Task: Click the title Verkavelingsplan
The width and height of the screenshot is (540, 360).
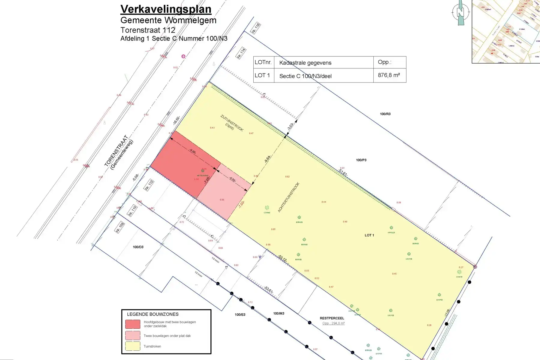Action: [166, 9]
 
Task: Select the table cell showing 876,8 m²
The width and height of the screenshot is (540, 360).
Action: [389, 75]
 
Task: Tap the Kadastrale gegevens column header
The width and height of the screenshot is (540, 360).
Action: [305, 63]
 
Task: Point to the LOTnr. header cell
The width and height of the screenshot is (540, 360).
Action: [263, 62]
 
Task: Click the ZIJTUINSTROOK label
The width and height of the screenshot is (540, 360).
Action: [232, 123]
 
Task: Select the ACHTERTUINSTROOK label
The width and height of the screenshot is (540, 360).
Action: [288, 197]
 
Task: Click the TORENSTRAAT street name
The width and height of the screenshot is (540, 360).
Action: [116, 151]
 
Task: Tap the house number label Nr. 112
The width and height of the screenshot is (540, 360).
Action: [149, 185]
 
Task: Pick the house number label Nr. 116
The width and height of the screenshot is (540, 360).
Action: [255, 28]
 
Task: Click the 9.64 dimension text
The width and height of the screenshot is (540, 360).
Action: [267, 159]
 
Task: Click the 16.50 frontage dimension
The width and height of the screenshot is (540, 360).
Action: [176, 121]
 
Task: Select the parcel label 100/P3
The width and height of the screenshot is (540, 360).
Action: [361, 160]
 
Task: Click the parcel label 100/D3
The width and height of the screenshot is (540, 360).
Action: [138, 247]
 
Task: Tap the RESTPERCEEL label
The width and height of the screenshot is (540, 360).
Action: [332, 318]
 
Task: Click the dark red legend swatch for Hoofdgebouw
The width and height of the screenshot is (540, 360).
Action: [133, 324]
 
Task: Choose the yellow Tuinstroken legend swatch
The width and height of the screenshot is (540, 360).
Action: [133, 346]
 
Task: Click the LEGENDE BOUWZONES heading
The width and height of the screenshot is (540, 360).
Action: [152, 314]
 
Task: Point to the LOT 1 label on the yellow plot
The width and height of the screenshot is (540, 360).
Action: [369, 235]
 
